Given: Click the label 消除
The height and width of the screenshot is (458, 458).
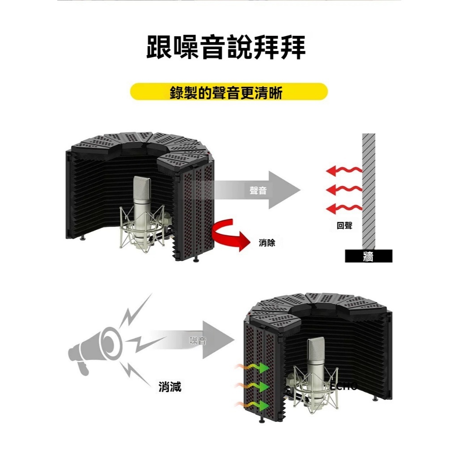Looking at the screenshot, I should (x=267, y=243).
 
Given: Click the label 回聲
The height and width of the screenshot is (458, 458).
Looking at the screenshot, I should (x=344, y=226).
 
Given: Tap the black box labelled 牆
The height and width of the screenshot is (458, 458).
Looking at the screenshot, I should (x=369, y=256).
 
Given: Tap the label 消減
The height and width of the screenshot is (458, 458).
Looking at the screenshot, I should (x=170, y=387).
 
